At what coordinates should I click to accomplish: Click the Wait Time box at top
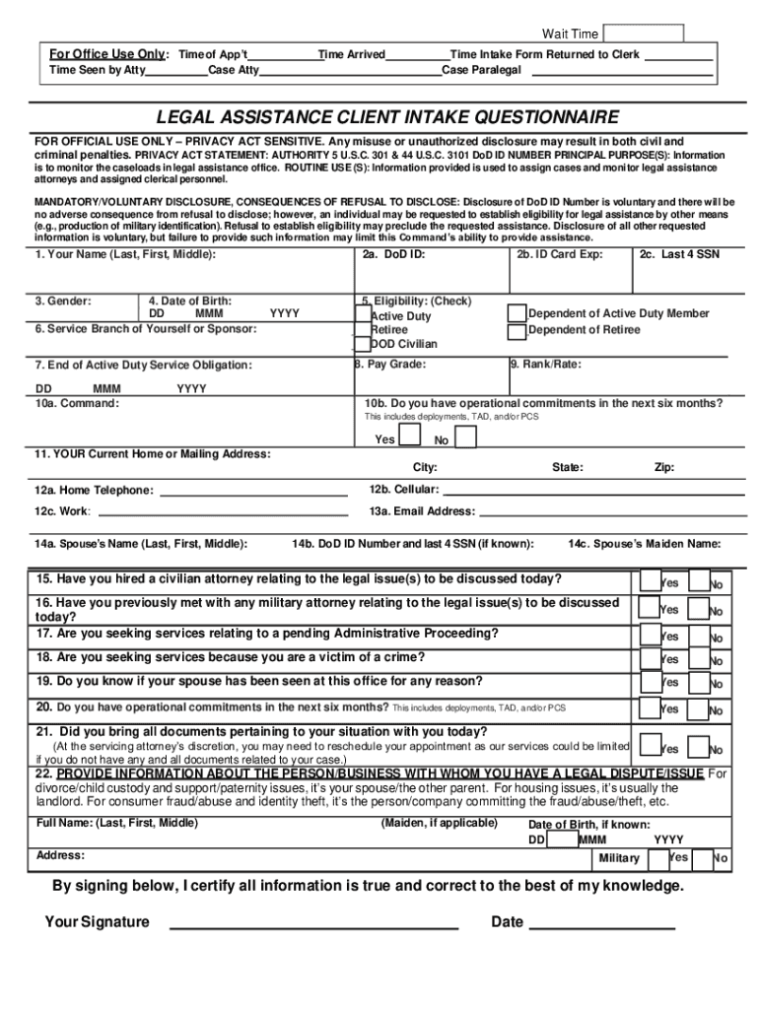(643, 34)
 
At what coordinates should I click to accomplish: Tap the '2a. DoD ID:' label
(392, 254)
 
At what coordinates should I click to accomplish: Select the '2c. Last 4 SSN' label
(678, 254)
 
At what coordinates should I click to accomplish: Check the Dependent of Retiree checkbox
(517, 330)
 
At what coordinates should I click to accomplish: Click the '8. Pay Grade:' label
(390, 365)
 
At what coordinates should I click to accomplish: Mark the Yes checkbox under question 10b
(410, 436)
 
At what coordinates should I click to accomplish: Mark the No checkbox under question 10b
(465, 437)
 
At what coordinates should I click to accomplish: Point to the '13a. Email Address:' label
(422, 511)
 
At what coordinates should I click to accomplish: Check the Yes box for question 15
(651, 579)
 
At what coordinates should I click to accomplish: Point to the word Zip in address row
(664, 467)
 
